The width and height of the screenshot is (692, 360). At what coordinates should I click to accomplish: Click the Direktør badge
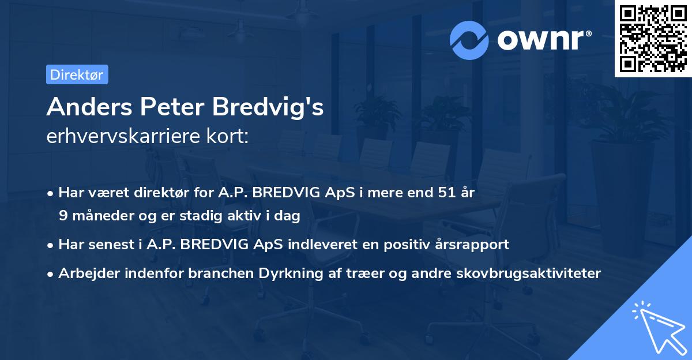(x=77, y=74)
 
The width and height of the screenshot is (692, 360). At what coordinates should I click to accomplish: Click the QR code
(x=653, y=38)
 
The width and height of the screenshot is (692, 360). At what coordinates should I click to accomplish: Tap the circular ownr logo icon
(x=470, y=39)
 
